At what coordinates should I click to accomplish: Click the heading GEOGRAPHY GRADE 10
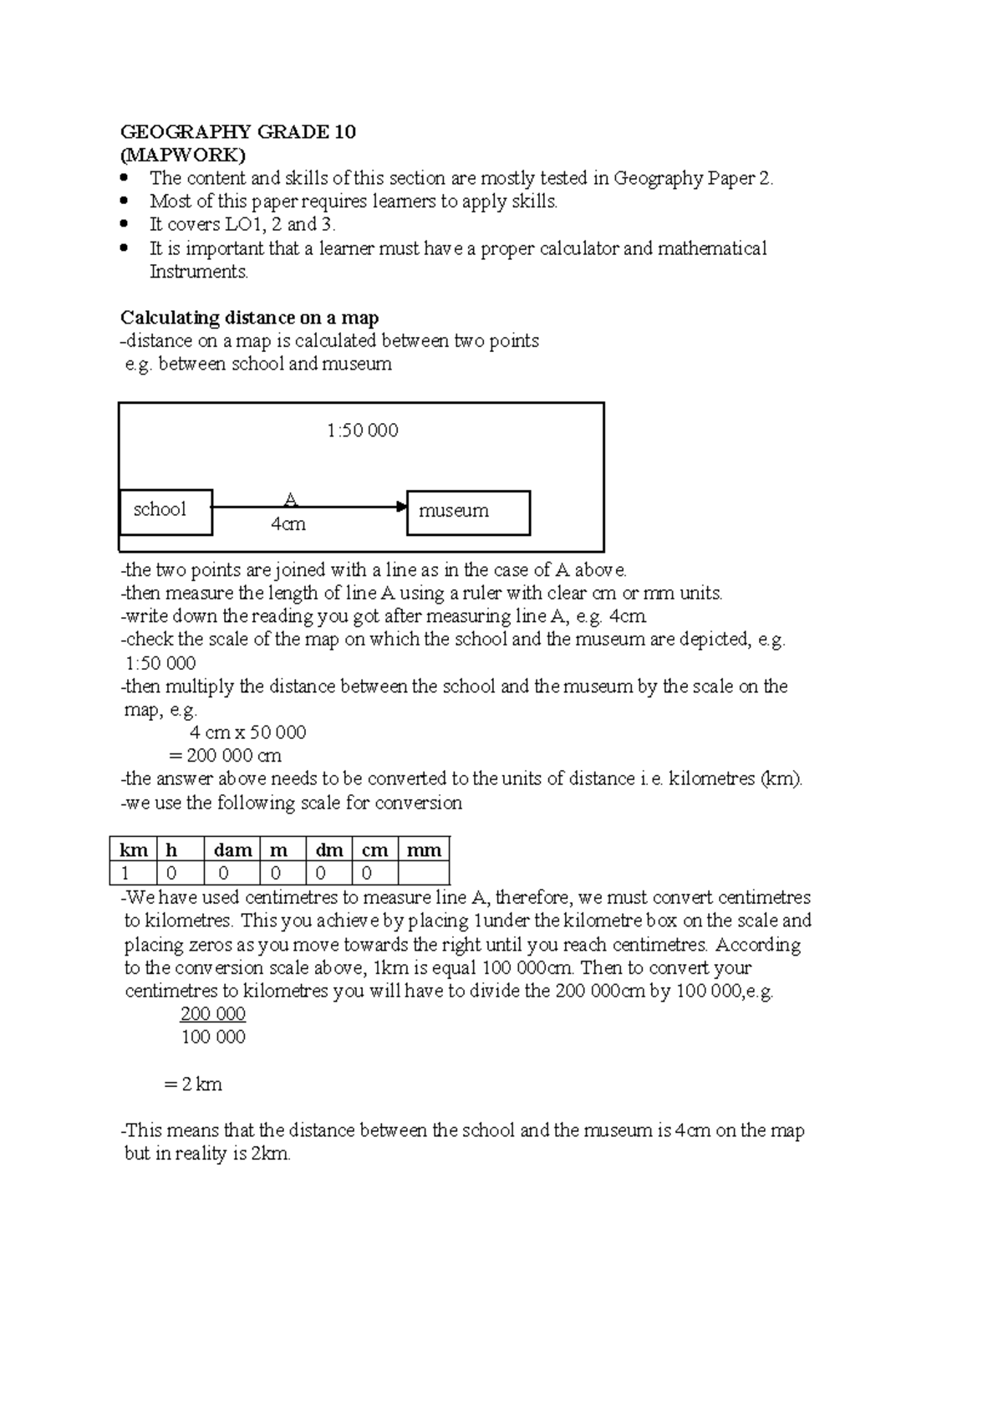[238, 131]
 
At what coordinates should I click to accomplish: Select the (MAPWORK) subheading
[183, 155]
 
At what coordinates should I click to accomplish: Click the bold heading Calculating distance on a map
[249, 318]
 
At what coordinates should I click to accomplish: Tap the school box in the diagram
[165, 511]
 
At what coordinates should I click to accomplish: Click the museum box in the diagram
[468, 512]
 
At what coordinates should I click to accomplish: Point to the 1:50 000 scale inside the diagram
[362, 431]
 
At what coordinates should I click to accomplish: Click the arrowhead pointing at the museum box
[401, 507]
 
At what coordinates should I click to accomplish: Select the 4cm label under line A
[288, 524]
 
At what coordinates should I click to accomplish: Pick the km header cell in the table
[134, 849]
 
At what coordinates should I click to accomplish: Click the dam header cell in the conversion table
[232, 849]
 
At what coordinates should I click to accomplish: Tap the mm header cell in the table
[424, 849]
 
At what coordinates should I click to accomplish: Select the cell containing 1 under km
[134, 874]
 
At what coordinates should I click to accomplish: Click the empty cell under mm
[424, 874]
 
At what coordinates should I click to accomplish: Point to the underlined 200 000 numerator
[213, 1014]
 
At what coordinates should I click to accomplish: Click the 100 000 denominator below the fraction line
[213, 1038]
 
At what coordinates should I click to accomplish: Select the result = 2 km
[193, 1084]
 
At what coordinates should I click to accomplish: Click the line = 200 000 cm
[225, 756]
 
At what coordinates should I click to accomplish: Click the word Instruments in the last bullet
[199, 272]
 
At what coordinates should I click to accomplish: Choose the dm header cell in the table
[329, 849]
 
